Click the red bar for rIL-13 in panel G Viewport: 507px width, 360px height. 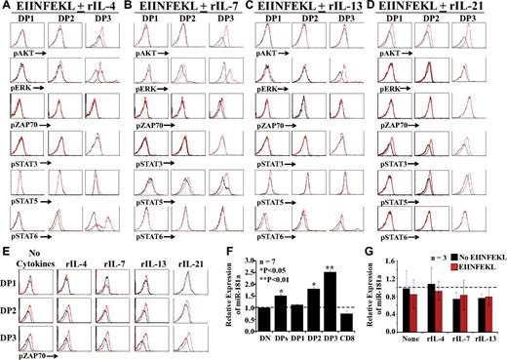coord(487,316)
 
